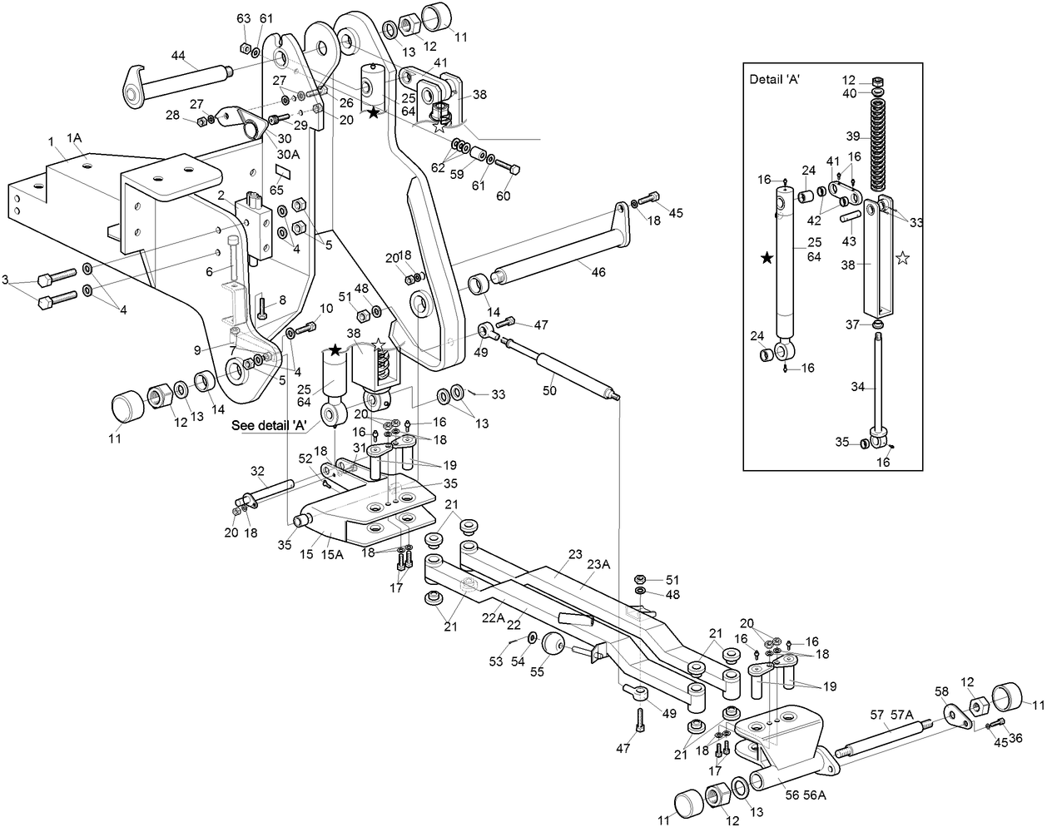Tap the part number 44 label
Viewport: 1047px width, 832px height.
178,55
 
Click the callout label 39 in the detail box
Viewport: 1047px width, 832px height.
852,136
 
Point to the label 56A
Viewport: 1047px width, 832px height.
815,795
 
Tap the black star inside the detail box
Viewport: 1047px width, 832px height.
767,259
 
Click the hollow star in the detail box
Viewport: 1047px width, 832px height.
902,259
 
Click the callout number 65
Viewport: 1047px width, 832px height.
275,191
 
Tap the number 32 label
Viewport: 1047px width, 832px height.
256,471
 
